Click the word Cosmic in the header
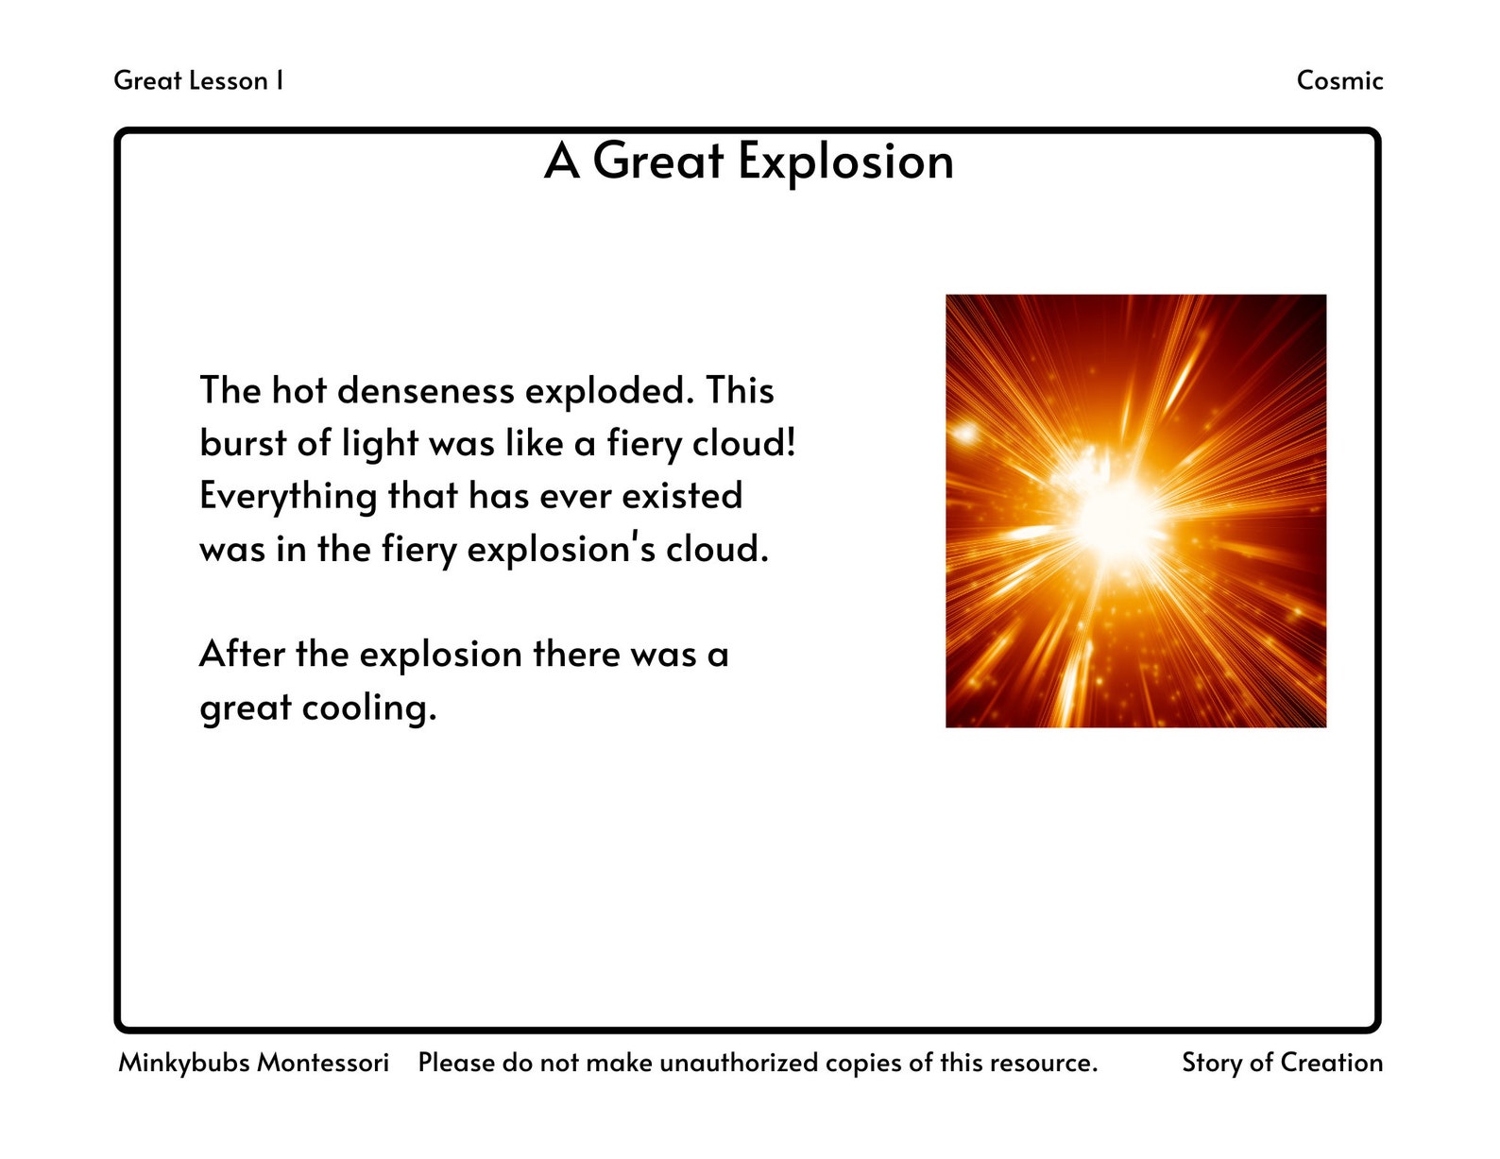coord(1338,80)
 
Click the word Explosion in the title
coord(845,162)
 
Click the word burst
coord(240,443)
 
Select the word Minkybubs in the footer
coord(184,1063)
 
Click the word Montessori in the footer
coord(323,1063)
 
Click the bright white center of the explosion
coord(1119,515)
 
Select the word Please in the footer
coord(456,1063)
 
